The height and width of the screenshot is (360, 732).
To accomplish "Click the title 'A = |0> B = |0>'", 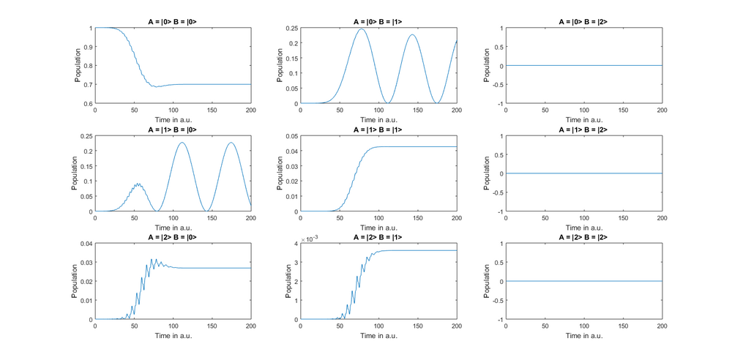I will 173,22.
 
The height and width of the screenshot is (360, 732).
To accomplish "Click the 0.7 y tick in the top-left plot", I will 88,85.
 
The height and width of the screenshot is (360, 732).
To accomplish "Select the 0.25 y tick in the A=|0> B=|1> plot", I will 292,29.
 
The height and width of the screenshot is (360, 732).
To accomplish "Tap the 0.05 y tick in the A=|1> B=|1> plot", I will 292,136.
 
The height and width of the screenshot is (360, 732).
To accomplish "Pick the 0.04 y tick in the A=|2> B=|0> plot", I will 86,244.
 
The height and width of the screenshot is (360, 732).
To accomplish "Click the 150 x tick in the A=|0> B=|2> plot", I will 623,110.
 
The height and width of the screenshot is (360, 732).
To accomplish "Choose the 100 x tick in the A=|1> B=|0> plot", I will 173,218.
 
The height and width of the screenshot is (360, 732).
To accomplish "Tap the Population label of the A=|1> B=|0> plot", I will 74,174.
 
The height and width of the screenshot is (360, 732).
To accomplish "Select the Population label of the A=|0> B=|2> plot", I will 487,66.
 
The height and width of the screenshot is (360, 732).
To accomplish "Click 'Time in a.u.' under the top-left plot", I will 173,119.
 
